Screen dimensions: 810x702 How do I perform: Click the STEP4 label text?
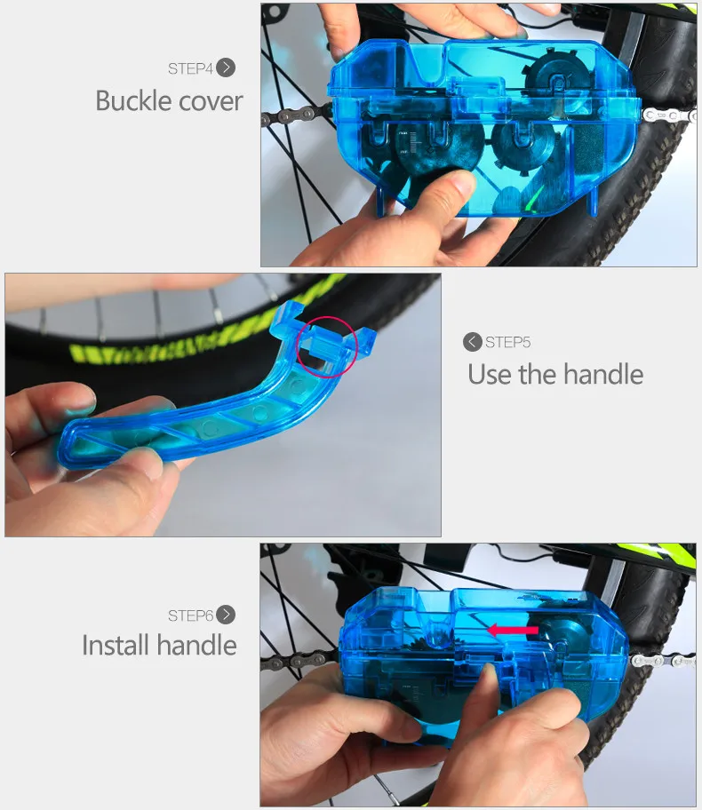pos(190,68)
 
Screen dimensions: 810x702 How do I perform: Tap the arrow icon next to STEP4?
pos(226,67)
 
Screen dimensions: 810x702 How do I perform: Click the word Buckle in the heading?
pos(134,100)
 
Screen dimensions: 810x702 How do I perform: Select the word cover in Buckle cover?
pos(211,100)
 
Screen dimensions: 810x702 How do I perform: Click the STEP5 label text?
pos(507,342)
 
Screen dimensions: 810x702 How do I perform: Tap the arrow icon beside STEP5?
pos(473,342)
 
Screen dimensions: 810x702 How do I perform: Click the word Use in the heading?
pos(490,374)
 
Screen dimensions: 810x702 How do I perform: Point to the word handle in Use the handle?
pos(602,374)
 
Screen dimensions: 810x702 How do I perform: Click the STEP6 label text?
pos(190,615)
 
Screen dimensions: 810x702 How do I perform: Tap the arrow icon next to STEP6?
pos(226,615)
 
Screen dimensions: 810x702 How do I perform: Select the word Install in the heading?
pos(117,645)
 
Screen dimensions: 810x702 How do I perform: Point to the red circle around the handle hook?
pos(326,345)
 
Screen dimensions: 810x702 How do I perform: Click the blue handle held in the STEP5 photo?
pos(178,426)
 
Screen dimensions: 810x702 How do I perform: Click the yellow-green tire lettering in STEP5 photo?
pos(178,342)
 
